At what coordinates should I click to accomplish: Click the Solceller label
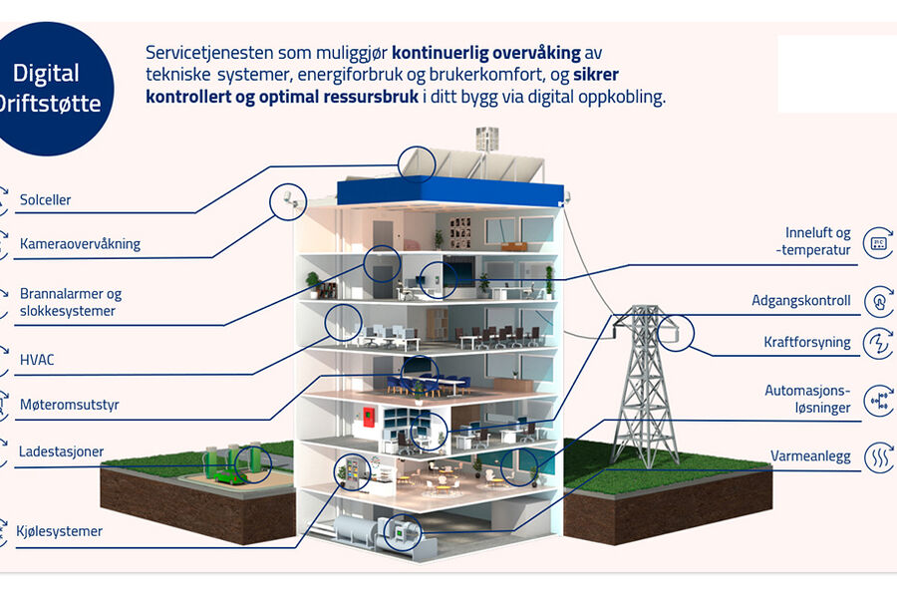45,200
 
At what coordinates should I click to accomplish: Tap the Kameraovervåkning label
80,244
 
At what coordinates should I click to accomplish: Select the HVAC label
38,359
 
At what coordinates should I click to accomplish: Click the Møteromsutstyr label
69,406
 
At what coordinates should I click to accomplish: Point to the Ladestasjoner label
61,451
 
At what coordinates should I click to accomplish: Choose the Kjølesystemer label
61,531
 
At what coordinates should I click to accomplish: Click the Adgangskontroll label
800,300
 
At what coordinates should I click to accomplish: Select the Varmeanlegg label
810,456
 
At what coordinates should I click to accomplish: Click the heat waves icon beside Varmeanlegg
878,456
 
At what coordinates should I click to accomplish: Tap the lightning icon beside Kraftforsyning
878,342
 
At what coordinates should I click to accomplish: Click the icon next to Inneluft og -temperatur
878,242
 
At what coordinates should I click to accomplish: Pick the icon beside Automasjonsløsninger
878,399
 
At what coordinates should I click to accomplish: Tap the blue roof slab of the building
448,191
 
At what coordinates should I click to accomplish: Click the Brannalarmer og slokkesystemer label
71,302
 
